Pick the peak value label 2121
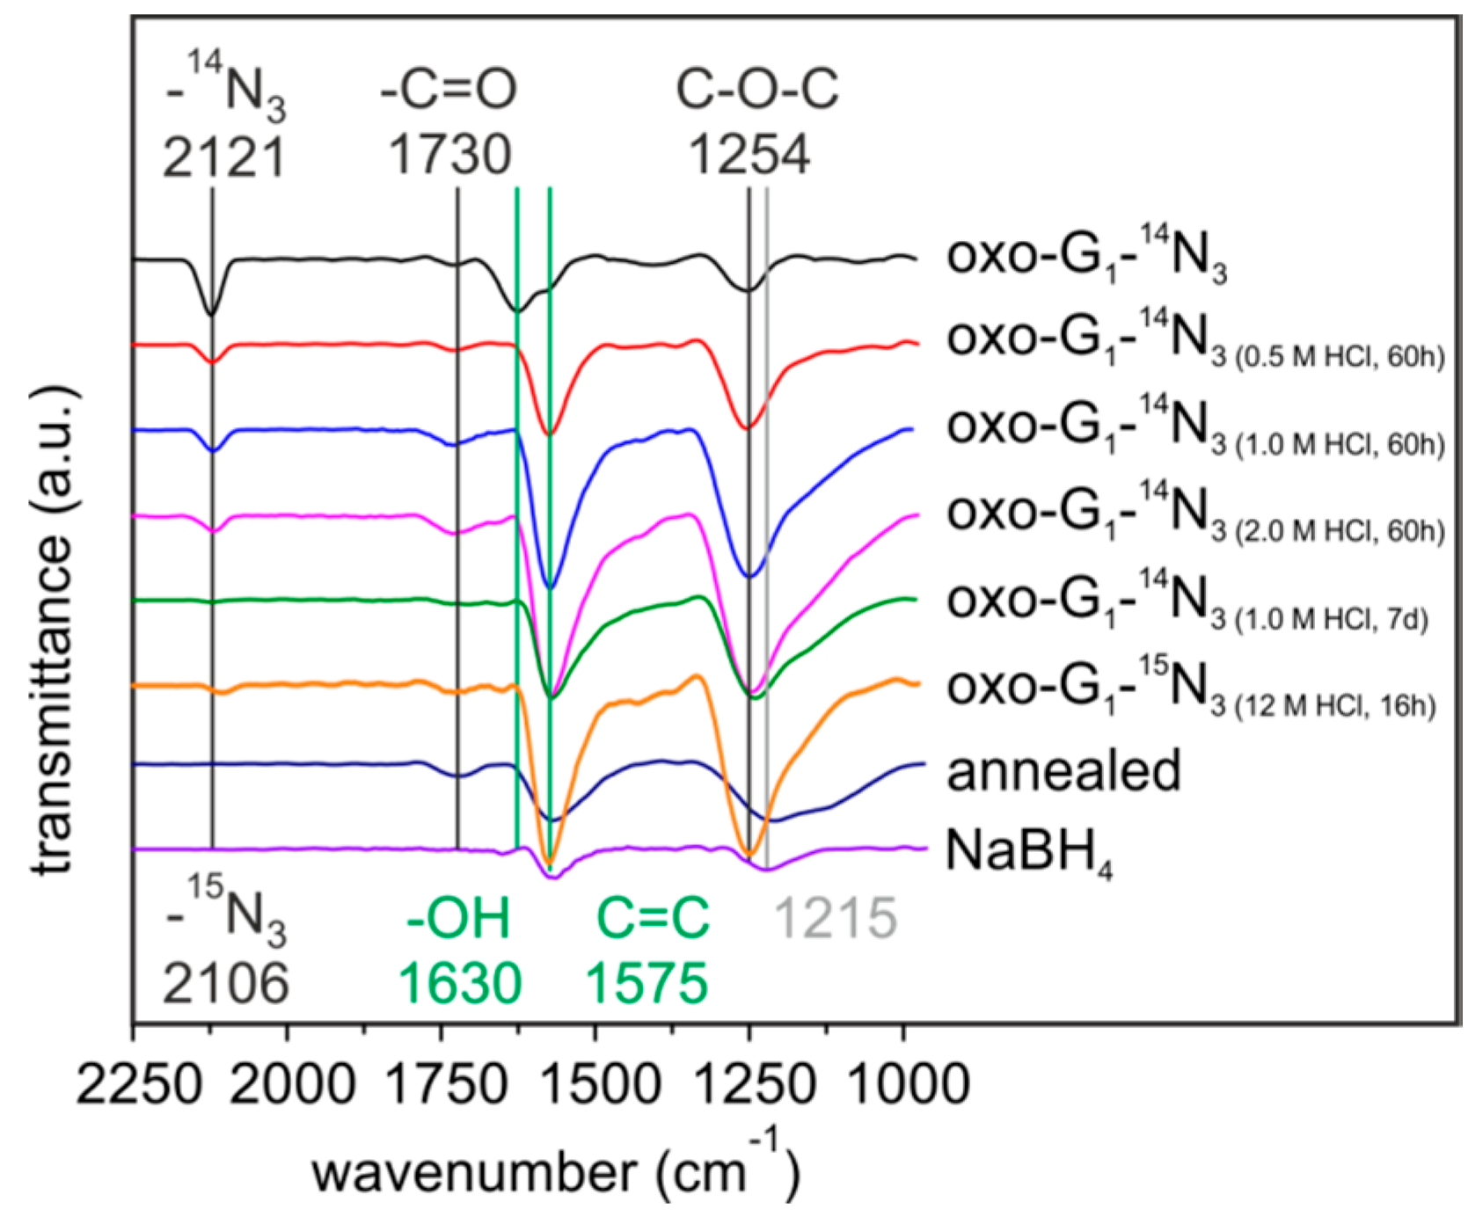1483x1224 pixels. [x=224, y=157]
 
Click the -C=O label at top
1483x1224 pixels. [x=449, y=89]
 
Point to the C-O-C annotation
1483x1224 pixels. [x=757, y=89]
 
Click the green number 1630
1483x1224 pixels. [x=460, y=982]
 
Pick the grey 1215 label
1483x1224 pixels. [x=835, y=919]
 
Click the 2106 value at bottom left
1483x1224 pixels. [x=225, y=982]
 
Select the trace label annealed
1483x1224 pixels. [x=1063, y=771]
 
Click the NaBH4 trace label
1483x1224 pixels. [x=1027, y=852]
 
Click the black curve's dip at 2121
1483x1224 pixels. [x=211, y=313]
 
